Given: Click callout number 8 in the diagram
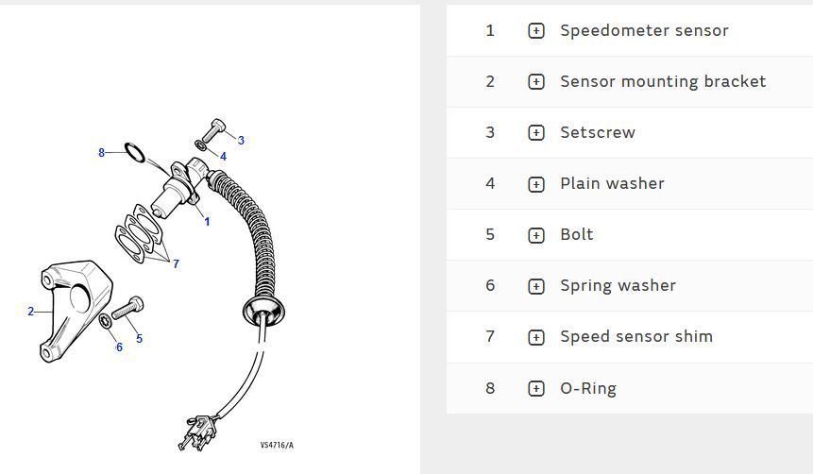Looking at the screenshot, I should (x=102, y=153).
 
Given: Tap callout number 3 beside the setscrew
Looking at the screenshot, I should (x=241, y=141).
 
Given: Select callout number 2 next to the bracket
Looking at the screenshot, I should (x=30, y=312).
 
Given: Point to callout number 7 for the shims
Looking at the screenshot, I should (x=176, y=264).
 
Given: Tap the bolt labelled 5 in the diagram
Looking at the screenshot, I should (x=127, y=308).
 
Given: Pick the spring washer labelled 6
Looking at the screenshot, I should (x=105, y=324).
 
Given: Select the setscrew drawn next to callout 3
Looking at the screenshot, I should (x=212, y=129).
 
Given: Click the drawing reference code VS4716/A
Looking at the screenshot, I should (x=277, y=445).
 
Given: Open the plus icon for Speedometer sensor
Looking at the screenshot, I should (x=536, y=31).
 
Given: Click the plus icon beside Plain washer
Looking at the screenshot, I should (x=536, y=184).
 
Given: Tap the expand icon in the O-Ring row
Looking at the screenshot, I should (x=536, y=388).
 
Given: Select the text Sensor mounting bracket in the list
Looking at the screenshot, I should (x=663, y=81).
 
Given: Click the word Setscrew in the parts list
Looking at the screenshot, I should (x=597, y=132).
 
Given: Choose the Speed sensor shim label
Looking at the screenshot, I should (x=635, y=336).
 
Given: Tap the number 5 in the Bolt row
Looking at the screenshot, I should (x=490, y=234).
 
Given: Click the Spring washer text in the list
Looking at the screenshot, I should (x=618, y=285).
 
